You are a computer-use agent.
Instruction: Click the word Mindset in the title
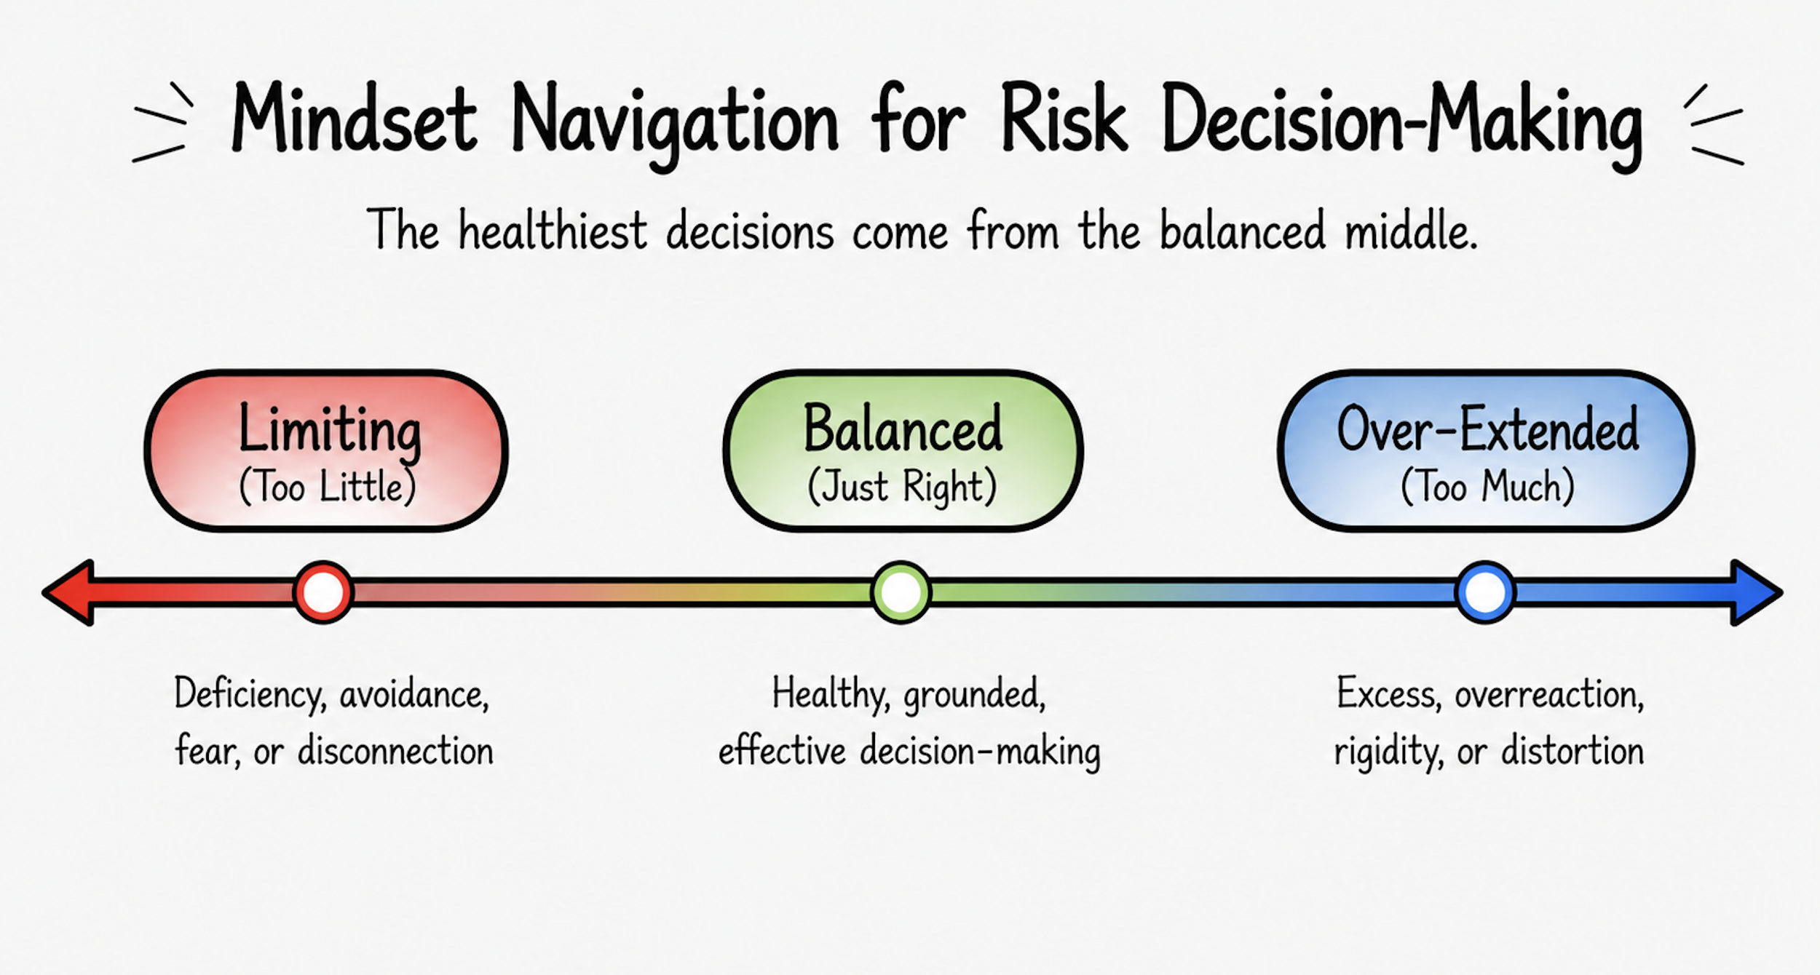354,118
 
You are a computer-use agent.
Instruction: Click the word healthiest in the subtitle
553,230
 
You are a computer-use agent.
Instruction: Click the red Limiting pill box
326,450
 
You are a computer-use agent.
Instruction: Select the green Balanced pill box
903,450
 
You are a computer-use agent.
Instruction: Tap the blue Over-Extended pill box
1486,450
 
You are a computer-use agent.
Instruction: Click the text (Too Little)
328,487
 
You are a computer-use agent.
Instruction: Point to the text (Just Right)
902,487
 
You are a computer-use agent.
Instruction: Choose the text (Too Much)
1487,487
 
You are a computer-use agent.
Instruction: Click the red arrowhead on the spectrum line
69,592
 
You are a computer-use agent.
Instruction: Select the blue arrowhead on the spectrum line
1757,592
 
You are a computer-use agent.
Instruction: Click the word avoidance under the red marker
414,695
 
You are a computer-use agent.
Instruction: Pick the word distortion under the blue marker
1572,752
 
